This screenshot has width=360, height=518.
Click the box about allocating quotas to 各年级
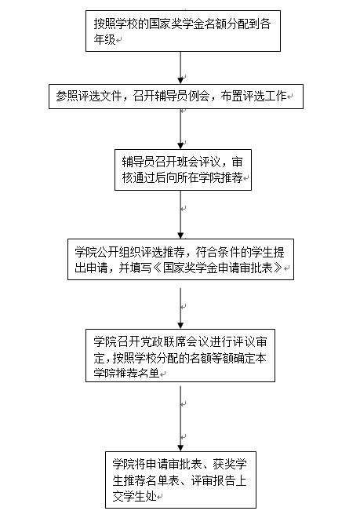coord(183,31)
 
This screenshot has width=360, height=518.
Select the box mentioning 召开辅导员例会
coord(176,97)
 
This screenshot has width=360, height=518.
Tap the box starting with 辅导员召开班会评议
coord(183,170)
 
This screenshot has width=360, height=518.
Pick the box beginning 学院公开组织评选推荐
coord(180,259)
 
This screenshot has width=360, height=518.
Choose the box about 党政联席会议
coord(180,356)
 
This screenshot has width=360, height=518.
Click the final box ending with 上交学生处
coord(180,480)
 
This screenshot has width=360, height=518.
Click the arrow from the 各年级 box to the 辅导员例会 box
coord(180,67)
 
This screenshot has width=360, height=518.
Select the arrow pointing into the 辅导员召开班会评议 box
coord(180,129)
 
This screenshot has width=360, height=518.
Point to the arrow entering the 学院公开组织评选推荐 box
coord(180,214)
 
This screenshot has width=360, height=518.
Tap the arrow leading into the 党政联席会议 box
coord(180,308)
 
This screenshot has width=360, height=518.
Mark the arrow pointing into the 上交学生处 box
coord(180,418)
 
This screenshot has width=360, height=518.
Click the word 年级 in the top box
coord(104,40)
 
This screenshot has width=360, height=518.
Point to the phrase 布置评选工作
coord(253,96)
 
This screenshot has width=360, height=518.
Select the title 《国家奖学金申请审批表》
coord(218,268)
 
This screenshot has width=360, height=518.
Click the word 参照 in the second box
coord(67,96)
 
